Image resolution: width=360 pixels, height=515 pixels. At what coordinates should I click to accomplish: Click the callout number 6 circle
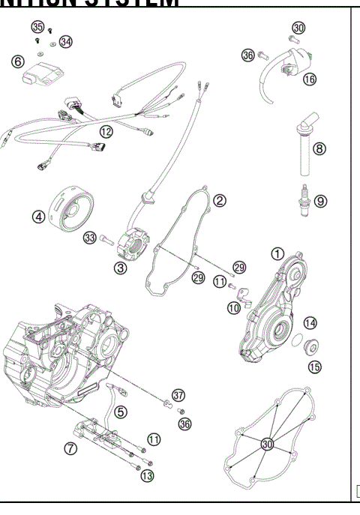pyautogui.click(x=16, y=63)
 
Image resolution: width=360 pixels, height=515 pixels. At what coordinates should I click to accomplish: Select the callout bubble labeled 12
pyautogui.click(x=106, y=132)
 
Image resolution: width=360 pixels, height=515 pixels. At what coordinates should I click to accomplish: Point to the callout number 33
pyautogui.click(x=90, y=238)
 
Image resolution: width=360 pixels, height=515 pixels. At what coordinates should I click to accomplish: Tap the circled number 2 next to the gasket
pyautogui.click(x=220, y=200)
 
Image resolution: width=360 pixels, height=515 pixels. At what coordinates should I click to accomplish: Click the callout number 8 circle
pyautogui.click(x=319, y=148)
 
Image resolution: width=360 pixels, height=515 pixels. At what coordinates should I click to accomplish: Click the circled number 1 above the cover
pyautogui.click(x=277, y=254)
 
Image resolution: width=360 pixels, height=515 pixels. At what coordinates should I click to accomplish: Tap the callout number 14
pyautogui.click(x=310, y=323)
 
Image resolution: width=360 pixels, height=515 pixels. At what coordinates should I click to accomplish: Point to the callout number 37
pyautogui.click(x=178, y=394)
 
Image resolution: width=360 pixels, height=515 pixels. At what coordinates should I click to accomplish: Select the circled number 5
pyautogui.click(x=121, y=411)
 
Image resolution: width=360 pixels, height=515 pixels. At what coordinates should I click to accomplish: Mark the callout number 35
pyautogui.click(x=37, y=26)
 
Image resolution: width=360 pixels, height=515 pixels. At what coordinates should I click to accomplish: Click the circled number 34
pyautogui.click(x=66, y=41)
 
